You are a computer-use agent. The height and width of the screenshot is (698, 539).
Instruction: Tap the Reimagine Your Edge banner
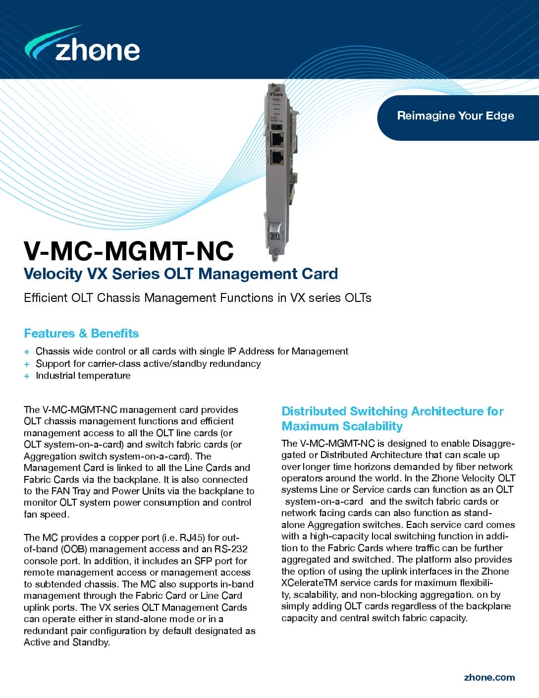click(x=455, y=116)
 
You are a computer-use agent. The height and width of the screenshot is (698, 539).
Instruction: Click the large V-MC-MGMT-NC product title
click(x=128, y=251)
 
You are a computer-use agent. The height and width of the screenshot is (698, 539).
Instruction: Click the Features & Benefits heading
click(x=81, y=334)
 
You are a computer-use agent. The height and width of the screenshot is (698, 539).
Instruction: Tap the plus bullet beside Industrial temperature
click(x=27, y=376)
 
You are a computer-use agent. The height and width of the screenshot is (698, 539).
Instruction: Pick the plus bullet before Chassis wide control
click(x=27, y=352)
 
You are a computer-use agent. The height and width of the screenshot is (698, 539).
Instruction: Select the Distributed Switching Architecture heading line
click(x=392, y=411)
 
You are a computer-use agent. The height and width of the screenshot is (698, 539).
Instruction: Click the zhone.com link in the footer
click(x=489, y=678)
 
